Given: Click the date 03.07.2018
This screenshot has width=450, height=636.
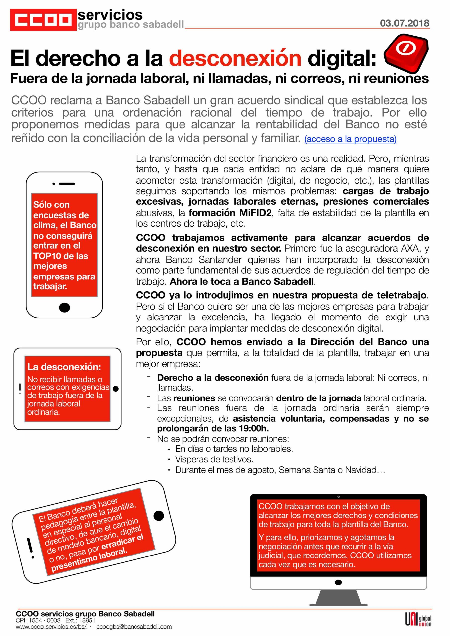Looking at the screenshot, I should pyautogui.click(x=404, y=23).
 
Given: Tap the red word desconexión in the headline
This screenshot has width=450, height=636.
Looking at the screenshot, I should pyautogui.click(x=235, y=58).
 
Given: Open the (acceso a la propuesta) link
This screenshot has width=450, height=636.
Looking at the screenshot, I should pyautogui.click(x=350, y=139).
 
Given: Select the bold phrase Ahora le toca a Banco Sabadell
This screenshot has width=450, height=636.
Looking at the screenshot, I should pyautogui.click(x=242, y=281).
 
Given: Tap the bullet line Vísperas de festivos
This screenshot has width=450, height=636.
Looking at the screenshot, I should pyautogui.click(x=214, y=459).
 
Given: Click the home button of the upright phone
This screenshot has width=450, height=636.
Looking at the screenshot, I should pyautogui.click(x=65, y=307).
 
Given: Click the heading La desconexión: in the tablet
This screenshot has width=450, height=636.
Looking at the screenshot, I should pyautogui.click(x=64, y=367).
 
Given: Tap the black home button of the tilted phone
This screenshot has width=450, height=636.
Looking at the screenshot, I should pyautogui.click(x=159, y=515).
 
